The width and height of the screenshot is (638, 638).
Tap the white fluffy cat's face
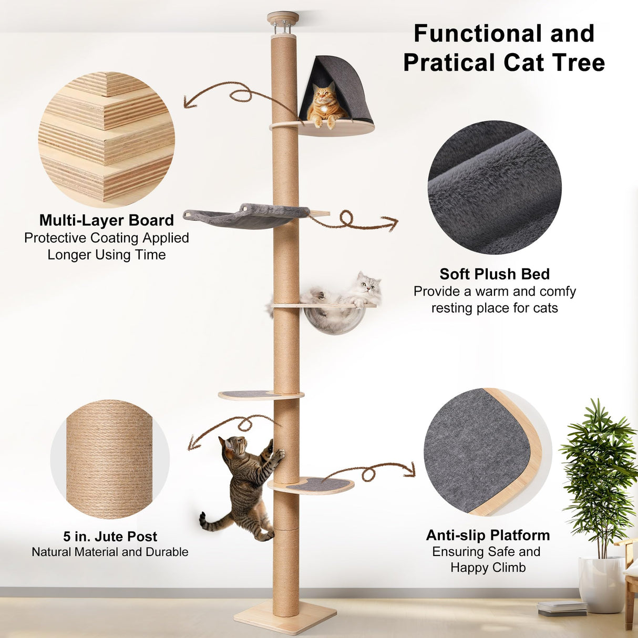[x=369, y=284]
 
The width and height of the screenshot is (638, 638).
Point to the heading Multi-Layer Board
[x=106, y=220]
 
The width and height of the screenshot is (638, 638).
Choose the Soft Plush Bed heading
[x=494, y=274]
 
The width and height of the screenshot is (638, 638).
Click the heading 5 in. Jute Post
[x=110, y=537]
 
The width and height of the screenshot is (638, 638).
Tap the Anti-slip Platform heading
[x=488, y=535]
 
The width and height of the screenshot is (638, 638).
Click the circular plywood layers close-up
[x=106, y=139]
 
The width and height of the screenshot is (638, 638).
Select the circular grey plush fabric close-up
[x=494, y=187]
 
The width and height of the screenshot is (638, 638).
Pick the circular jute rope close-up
[x=109, y=459]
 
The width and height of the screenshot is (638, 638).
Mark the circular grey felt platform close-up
[x=487, y=452]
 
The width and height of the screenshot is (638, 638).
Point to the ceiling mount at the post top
[x=283, y=21]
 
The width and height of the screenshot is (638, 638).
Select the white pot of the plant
[x=602, y=584]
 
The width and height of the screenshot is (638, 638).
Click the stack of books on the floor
[x=562, y=608]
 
